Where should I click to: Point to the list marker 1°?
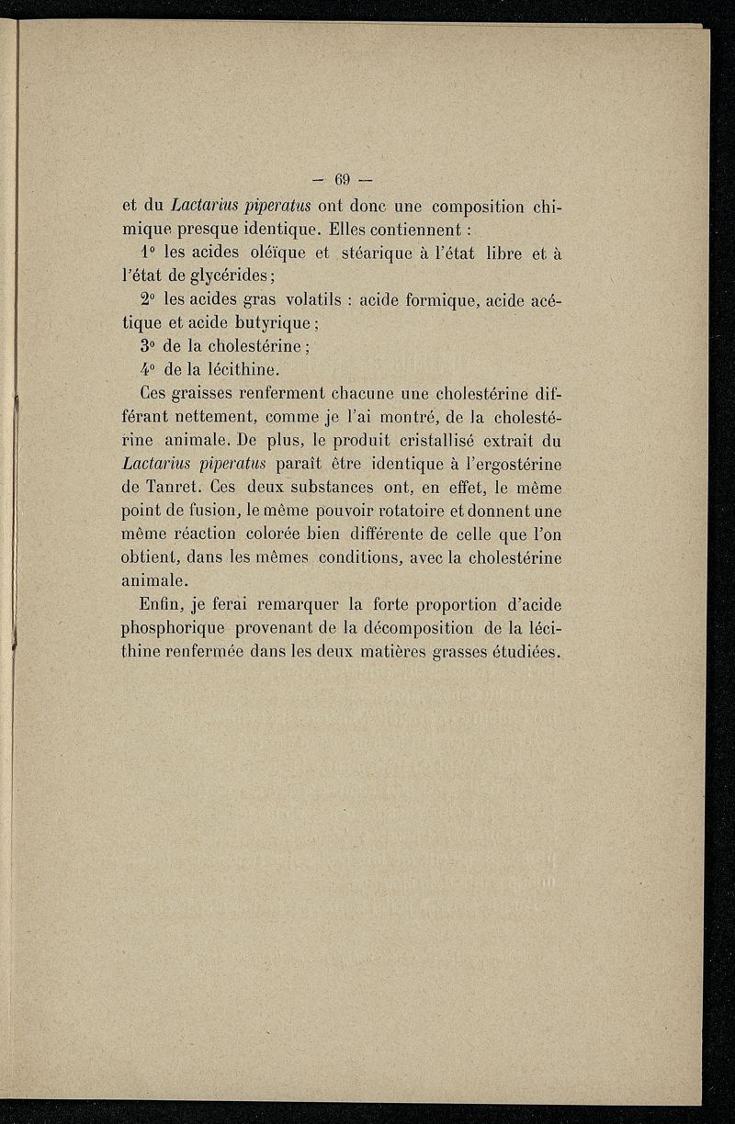(152, 253)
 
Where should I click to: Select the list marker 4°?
(152, 372)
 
